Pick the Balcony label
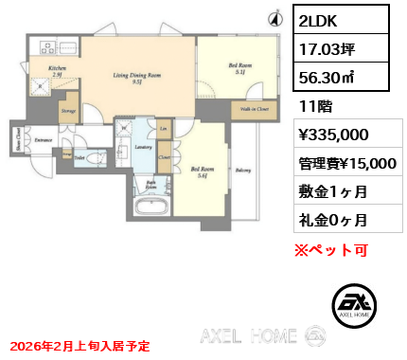coord(243,171)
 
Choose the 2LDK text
coord(318,20)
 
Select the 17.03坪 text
coord(323,50)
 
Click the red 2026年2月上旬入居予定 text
coord(77,347)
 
